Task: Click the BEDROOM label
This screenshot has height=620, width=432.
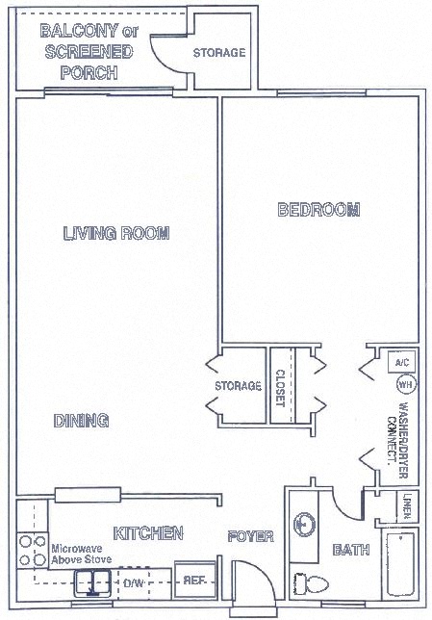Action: click(x=318, y=210)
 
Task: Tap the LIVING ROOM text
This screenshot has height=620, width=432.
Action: click(x=116, y=233)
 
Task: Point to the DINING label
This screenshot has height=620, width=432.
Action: click(x=80, y=420)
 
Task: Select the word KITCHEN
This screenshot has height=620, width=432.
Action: click(x=148, y=532)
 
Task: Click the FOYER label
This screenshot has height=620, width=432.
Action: click(x=250, y=536)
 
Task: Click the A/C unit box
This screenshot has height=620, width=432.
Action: click(x=402, y=363)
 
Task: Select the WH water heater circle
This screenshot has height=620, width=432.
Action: click(x=403, y=384)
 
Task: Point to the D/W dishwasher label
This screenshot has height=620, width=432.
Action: click(x=132, y=583)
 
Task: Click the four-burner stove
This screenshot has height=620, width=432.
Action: click(x=31, y=548)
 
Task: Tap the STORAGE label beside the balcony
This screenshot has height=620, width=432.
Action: click(x=219, y=53)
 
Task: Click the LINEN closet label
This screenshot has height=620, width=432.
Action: click(x=408, y=504)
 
